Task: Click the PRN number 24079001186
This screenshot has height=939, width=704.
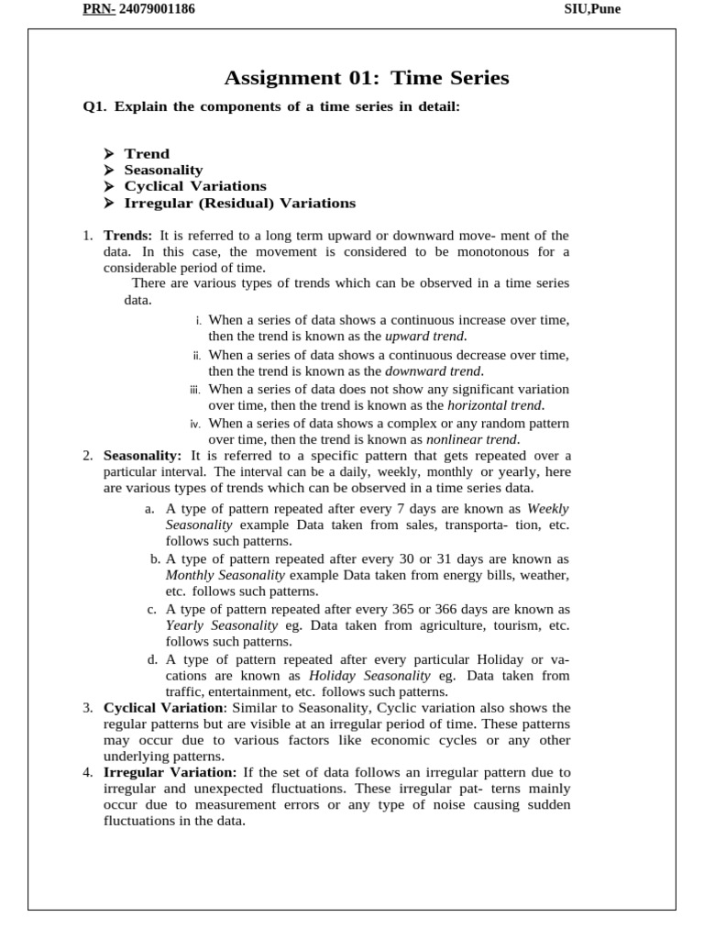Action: click(x=157, y=9)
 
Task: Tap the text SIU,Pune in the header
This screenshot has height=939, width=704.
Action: click(x=593, y=9)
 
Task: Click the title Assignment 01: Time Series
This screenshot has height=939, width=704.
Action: click(x=367, y=78)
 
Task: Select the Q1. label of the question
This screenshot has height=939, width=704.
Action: click(x=95, y=107)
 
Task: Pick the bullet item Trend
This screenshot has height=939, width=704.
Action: click(x=147, y=153)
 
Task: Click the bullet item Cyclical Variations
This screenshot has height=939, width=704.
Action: click(x=195, y=186)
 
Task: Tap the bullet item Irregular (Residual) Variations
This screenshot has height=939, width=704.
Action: click(x=239, y=203)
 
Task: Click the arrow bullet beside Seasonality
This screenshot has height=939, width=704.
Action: click(x=108, y=170)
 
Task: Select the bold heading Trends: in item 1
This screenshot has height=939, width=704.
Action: click(x=127, y=236)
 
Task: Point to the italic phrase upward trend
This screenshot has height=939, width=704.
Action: click(x=425, y=336)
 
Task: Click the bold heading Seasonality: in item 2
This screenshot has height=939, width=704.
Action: click(x=143, y=456)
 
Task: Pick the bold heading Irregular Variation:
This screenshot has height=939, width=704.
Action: click(x=170, y=772)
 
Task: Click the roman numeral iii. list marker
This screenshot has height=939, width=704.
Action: click(x=194, y=390)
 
